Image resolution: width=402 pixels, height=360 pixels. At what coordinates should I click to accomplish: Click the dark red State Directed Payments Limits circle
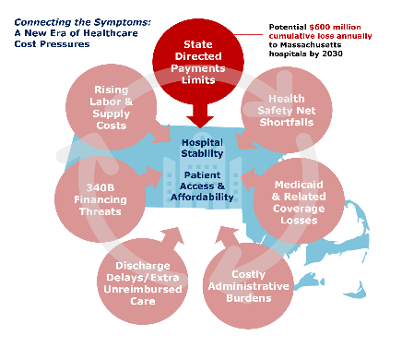pyautogui.click(x=198, y=61)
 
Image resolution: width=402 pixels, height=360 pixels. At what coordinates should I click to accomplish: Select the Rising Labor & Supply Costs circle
pyautogui.click(x=112, y=107)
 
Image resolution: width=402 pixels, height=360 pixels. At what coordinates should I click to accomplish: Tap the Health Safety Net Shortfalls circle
pyautogui.click(x=287, y=110)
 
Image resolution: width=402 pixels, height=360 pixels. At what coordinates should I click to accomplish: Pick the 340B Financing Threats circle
pyautogui.click(x=100, y=199)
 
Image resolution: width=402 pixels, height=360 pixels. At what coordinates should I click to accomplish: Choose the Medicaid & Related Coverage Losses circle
pyautogui.click(x=299, y=201)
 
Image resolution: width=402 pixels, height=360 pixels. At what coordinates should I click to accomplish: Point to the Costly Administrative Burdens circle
pyautogui.click(x=248, y=286)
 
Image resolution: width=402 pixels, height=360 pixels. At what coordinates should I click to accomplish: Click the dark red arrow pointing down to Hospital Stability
pyautogui.click(x=200, y=116)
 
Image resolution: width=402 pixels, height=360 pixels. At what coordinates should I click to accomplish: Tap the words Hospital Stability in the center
pyautogui.click(x=202, y=148)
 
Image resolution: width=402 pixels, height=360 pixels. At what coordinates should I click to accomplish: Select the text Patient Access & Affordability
pyautogui.click(x=202, y=186)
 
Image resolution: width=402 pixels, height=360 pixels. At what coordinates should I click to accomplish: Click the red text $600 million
pyautogui.click(x=335, y=27)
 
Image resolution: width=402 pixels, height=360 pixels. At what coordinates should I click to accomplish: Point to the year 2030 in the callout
pyautogui.click(x=332, y=54)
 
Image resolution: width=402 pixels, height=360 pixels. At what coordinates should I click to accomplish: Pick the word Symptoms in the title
pyautogui.click(x=123, y=22)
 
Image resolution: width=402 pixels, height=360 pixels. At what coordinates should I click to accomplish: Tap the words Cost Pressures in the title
pyautogui.click(x=52, y=43)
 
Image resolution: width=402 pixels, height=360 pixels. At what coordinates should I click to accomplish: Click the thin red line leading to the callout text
pyautogui.click(x=249, y=35)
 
